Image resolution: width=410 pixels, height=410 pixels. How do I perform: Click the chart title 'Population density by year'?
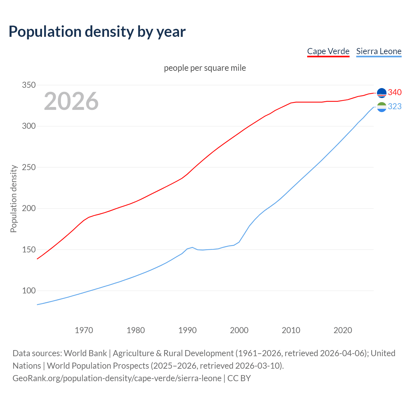(97, 32)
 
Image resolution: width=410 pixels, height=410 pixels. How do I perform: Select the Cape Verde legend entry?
(328, 51)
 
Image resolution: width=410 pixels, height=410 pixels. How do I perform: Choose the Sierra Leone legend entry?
(379, 51)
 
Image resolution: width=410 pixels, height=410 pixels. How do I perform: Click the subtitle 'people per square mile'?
(205, 68)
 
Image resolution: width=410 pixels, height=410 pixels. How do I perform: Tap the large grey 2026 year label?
(71, 101)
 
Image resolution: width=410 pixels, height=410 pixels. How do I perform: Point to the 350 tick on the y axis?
(29, 85)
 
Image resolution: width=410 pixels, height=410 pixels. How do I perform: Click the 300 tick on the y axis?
(29, 126)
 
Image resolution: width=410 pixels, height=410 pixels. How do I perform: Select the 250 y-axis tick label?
(29, 167)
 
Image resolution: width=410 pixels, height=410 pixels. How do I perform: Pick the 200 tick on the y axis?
(29, 209)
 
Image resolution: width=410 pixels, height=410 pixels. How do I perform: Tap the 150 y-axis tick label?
(29, 250)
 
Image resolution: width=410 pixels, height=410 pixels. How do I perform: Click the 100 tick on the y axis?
(29, 291)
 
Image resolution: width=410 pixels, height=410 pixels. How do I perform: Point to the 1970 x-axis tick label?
(84, 330)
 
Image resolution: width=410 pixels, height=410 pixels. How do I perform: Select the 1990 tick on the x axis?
(187, 330)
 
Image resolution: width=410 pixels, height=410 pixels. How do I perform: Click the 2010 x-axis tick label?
(291, 330)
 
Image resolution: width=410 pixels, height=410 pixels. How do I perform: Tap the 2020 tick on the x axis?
(343, 330)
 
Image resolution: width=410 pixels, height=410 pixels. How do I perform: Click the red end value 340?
(395, 93)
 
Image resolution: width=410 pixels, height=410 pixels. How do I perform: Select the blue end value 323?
(395, 107)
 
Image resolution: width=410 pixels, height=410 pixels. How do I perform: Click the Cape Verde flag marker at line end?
(381, 93)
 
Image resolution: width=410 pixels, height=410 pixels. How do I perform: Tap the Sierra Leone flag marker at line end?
(381, 107)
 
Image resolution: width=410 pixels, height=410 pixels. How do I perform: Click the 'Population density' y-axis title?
(13, 199)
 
